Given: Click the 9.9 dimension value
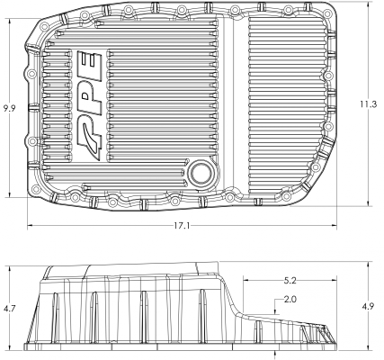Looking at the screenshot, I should [10, 108].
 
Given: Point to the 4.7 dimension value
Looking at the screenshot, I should [10, 308].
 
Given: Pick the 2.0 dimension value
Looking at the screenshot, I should [290, 299].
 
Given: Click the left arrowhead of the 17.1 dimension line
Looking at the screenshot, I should [30, 226].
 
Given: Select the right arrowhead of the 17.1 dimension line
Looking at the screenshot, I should [336, 226].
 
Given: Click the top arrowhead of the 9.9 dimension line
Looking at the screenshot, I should [10, 23].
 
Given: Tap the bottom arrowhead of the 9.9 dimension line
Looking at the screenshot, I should [10, 195].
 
